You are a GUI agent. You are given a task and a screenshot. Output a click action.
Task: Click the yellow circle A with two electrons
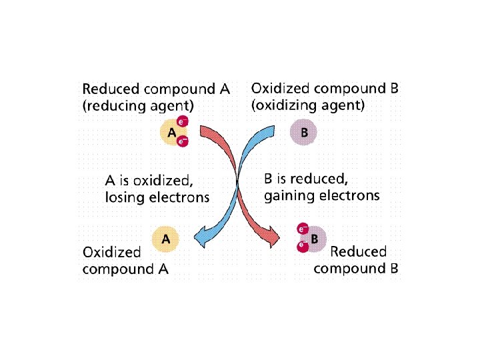[x=171, y=132]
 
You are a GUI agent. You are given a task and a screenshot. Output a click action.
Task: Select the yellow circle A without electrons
[x=166, y=238]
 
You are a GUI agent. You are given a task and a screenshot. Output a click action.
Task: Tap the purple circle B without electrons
[x=304, y=132]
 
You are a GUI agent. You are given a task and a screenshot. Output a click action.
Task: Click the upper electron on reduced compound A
[x=182, y=122]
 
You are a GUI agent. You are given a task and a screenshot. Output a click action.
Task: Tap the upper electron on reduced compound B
[x=301, y=230]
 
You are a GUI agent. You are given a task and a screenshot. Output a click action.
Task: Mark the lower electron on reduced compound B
[x=302, y=246]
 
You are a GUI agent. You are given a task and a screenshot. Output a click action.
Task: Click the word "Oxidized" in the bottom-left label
[x=111, y=252]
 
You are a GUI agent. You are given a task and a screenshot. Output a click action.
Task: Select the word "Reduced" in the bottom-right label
[x=358, y=251]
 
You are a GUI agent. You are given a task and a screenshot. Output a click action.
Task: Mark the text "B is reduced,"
[x=306, y=179]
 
